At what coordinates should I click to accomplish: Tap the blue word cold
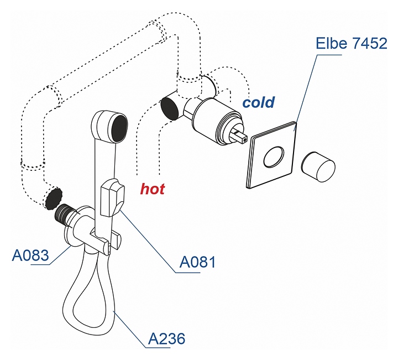click(x=258, y=102)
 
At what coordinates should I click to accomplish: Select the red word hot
click(x=152, y=189)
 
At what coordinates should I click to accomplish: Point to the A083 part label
click(x=30, y=255)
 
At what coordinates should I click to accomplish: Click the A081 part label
click(x=197, y=262)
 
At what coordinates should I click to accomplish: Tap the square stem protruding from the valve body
click(x=240, y=135)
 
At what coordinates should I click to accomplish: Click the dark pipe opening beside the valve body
click(x=170, y=108)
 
